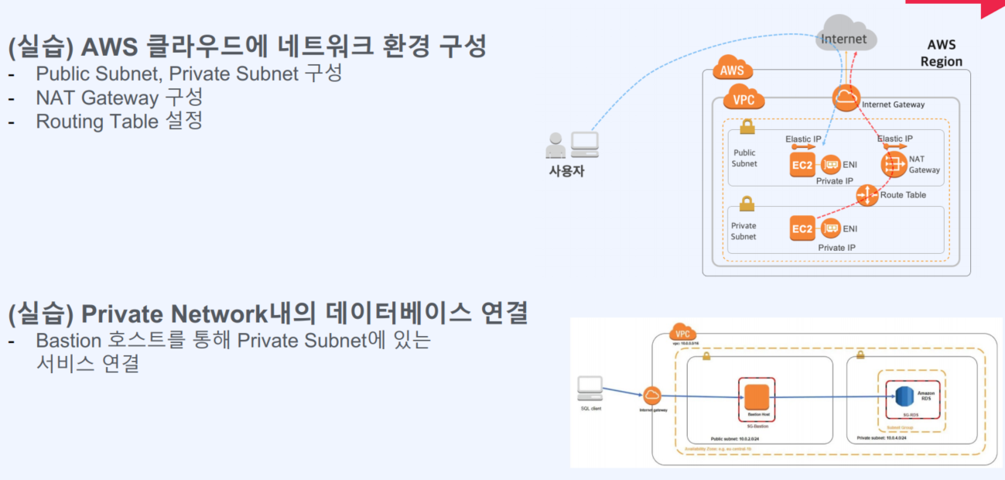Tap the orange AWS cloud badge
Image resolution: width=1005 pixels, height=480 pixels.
[x=732, y=70]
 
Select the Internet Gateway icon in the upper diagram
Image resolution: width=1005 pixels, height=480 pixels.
[x=846, y=98]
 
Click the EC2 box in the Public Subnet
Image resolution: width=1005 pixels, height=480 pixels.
[x=802, y=165]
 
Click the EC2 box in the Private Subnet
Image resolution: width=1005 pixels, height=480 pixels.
[x=802, y=228]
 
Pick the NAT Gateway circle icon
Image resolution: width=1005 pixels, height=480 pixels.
[x=894, y=164]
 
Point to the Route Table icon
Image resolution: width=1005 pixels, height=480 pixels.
[x=867, y=194]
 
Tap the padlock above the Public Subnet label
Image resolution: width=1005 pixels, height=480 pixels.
[x=747, y=126]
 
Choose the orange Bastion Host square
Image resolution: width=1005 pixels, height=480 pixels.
[x=756, y=397]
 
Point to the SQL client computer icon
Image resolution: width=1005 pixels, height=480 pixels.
[x=590, y=388]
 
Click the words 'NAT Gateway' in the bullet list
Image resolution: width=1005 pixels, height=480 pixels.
[x=97, y=98]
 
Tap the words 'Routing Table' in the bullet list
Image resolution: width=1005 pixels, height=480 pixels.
[x=97, y=121]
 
